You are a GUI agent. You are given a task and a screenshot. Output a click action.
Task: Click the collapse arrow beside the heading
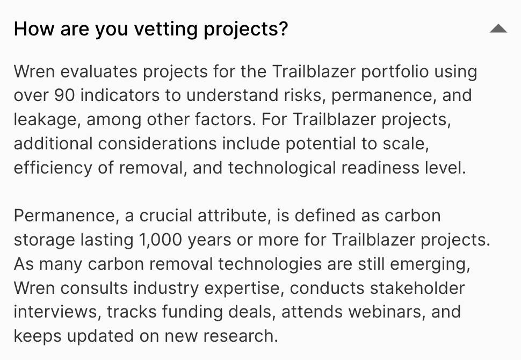point(498,28)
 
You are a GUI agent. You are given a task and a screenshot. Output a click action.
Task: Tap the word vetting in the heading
point(165,29)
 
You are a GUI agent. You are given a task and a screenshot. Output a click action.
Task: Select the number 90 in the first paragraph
point(64,96)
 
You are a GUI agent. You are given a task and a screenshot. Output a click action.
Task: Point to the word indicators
point(120,96)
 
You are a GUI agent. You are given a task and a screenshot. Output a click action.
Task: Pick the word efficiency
point(53,168)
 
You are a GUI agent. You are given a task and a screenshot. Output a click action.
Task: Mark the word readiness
point(380,168)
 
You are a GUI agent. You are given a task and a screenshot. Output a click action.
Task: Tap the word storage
point(45,240)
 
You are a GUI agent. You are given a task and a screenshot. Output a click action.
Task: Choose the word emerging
point(430,264)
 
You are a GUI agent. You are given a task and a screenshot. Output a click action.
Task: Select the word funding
point(192,312)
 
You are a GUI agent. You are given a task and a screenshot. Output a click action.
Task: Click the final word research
point(240,336)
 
